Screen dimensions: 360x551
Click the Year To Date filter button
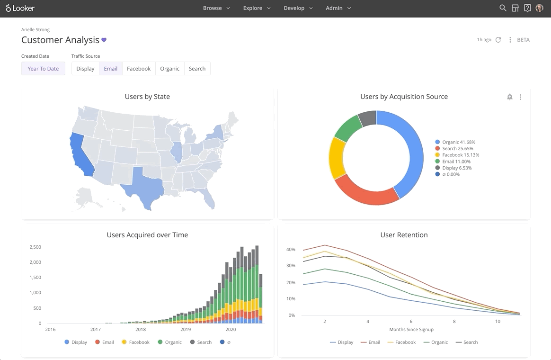(x=43, y=69)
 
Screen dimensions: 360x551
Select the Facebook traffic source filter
(x=139, y=69)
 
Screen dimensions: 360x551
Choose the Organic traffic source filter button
(x=169, y=69)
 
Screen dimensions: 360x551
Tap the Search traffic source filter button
(x=197, y=69)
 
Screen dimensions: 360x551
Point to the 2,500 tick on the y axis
(x=35, y=247)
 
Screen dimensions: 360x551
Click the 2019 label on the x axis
(x=186, y=330)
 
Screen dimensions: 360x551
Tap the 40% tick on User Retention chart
(x=291, y=250)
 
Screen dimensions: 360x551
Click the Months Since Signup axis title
(x=411, y=330)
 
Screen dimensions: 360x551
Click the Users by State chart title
(x=147, y=97)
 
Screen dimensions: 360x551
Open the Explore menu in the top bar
(x=257, y=8)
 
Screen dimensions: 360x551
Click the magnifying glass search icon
(x=503, y=8)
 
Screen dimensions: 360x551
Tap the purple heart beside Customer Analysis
(x=104, y=40)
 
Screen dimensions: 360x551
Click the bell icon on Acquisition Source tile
(x=509, y=97)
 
